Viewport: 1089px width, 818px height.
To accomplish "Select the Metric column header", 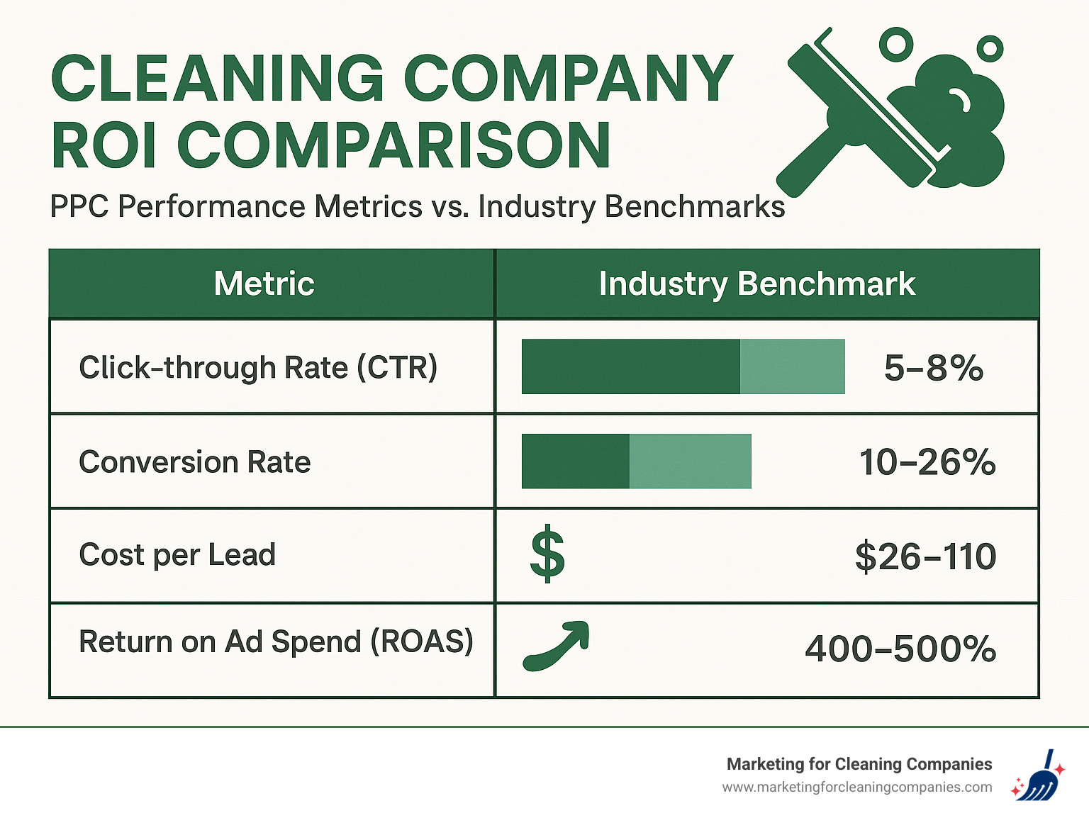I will coord(264,284).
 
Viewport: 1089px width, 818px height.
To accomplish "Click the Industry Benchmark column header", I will coord(756,284).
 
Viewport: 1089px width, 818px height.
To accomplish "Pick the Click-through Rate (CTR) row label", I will coord(258,367).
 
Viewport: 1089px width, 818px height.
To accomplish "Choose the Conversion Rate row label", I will coord(195,462).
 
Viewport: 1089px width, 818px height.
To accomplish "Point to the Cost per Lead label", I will coord(177,555).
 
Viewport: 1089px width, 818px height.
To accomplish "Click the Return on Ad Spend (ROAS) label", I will coord(276,642).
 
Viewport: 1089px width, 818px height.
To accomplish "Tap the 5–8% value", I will coord(933,368).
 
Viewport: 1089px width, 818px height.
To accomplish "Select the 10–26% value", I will coord(927,462).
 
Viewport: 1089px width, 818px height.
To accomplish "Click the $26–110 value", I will coord(925,556).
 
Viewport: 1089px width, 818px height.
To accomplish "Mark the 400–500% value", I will coord(900,649).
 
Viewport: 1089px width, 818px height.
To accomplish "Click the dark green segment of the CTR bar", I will coord(630,366).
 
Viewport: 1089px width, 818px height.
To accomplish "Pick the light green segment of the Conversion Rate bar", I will coord(690,461).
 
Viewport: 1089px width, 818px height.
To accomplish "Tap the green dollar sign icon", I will coord(547,554).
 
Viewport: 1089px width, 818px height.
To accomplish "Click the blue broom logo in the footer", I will coord(1038,776).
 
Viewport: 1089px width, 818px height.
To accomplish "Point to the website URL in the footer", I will coord(857,788).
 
